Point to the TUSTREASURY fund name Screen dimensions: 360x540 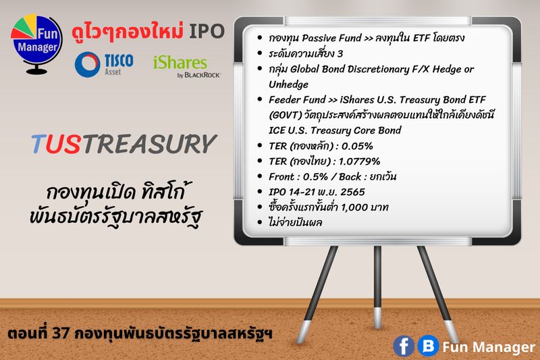tap(124, 143)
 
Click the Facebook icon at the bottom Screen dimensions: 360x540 tap(404, 346)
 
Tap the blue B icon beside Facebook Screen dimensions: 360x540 tap(427, 346)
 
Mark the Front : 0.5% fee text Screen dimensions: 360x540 tap(298, 176)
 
